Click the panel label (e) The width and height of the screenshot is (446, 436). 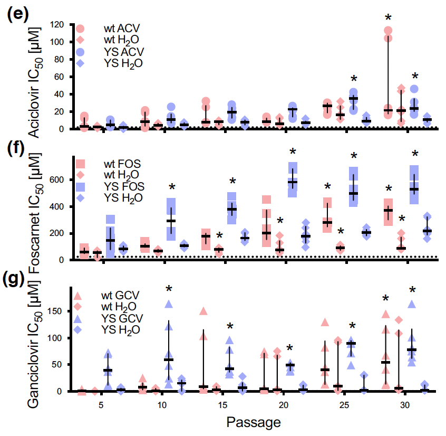pos(16,14)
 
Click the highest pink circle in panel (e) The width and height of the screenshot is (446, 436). pos(388,31)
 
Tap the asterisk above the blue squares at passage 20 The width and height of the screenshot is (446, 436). pos(293,152)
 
